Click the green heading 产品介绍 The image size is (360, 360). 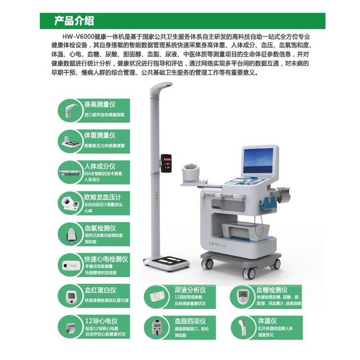click(x=74, y=21)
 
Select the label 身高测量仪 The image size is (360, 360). click(x=100, y=104)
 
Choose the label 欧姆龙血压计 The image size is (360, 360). click(x=103, y=196)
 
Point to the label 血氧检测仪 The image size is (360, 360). click(x=100, y=228)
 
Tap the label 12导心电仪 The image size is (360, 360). click(x=101, y=321)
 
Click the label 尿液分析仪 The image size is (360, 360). click(x=190, y=290)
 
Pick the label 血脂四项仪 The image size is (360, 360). click(x=190, y=321)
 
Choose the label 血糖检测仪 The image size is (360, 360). click(x=272, y=289)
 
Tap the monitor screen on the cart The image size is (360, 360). click(x=260, y=162)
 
